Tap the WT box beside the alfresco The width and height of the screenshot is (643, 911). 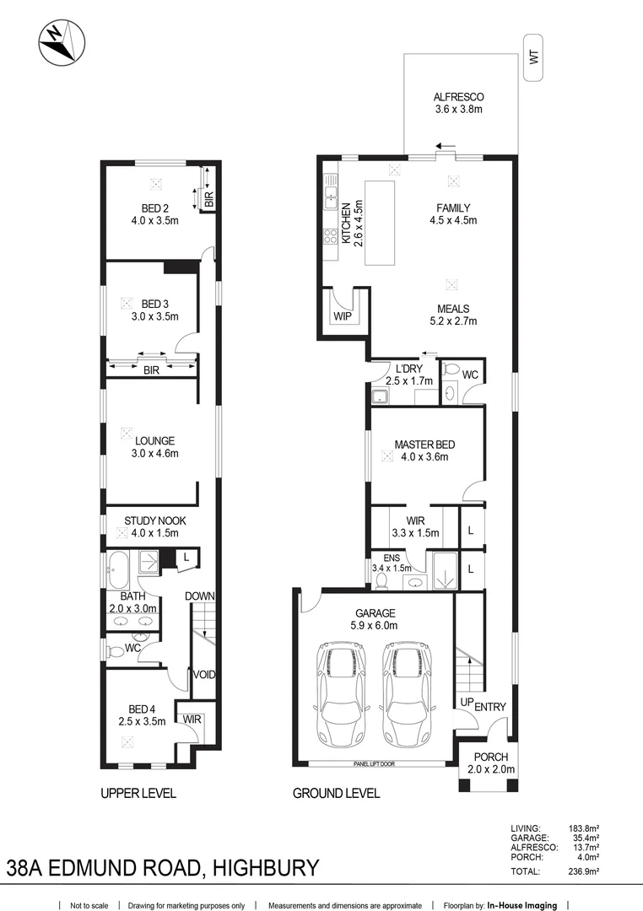(x=533, y=58)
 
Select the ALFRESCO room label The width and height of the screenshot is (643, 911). (x=458, y=97)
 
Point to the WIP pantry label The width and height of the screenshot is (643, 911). (x=343, y=317)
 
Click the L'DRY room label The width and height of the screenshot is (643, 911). (x=403, y=369)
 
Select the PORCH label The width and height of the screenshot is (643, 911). (x=490, y=757)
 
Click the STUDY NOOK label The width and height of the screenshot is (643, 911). (x=154, y=521)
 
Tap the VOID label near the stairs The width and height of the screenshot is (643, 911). (x=203, y=675)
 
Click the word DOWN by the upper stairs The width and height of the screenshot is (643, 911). (x=201, y=596)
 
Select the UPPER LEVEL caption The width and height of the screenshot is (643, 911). (x=138, y=794)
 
